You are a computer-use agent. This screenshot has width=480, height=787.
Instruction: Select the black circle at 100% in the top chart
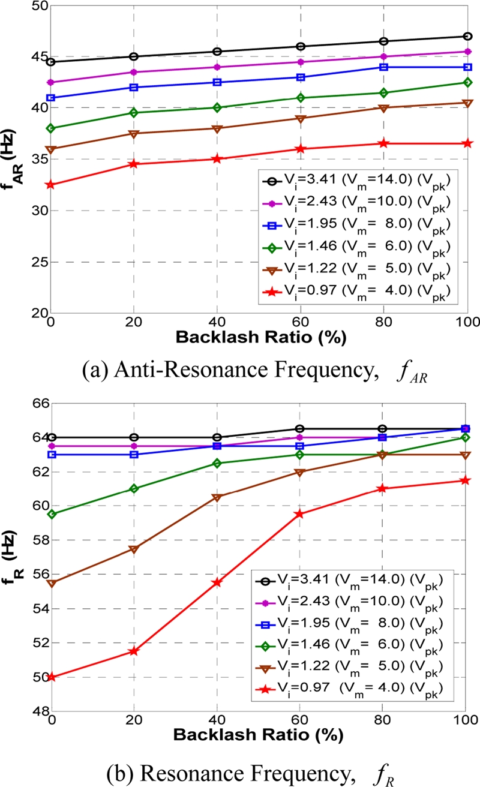[x=466, y=36]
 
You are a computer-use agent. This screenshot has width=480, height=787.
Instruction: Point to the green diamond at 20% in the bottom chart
[x=134, y=489]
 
